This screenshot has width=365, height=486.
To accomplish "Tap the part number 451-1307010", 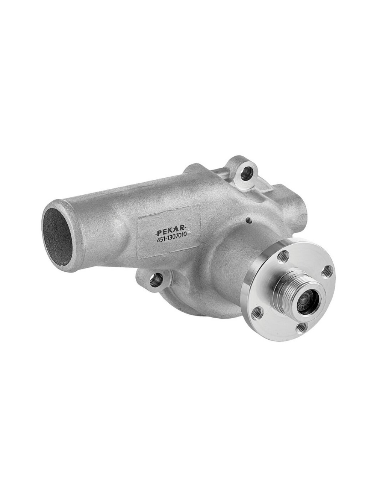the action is (171, 239).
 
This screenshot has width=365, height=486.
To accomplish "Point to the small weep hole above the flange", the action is (248, 220).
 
